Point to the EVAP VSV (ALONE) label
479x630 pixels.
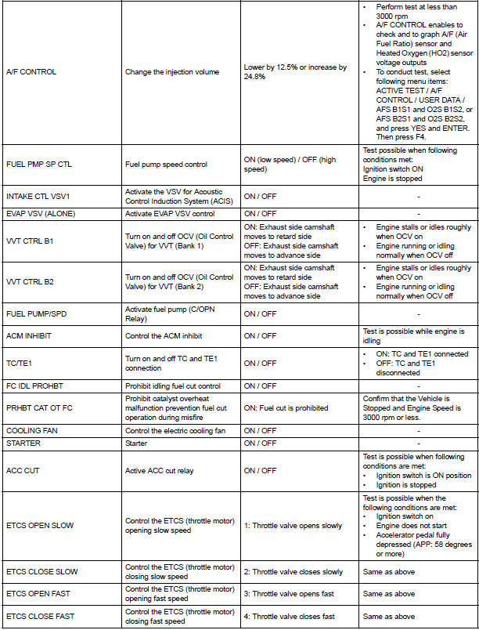click(37, 213)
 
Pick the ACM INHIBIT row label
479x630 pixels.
click(27, 335)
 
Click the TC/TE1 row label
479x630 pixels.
click(20, 363)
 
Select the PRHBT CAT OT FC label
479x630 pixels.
click(37, 407)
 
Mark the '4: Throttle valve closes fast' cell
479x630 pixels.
click(289, 616)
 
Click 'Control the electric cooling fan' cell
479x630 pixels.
click(178, 430)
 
